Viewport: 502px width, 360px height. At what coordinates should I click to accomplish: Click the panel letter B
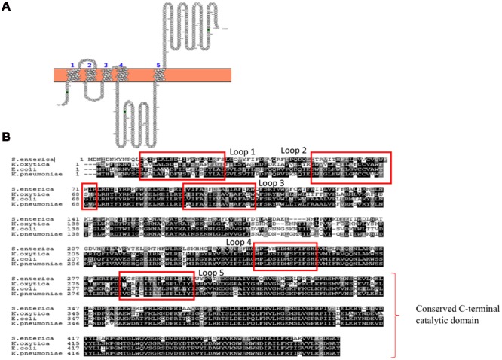pyautogui.click(x=7, y=139)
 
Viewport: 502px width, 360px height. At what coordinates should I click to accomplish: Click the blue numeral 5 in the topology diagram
pyautogui.click(x=158, y=66)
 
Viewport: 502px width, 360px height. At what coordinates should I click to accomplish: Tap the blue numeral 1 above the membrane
pyautogui.click(x=72, y=66)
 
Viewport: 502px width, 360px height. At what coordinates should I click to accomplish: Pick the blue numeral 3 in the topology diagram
pyautogui.click(x=106, y=66)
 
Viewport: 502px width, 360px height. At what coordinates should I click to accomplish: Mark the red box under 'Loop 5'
pyautogui.click(x=184, y=288)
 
